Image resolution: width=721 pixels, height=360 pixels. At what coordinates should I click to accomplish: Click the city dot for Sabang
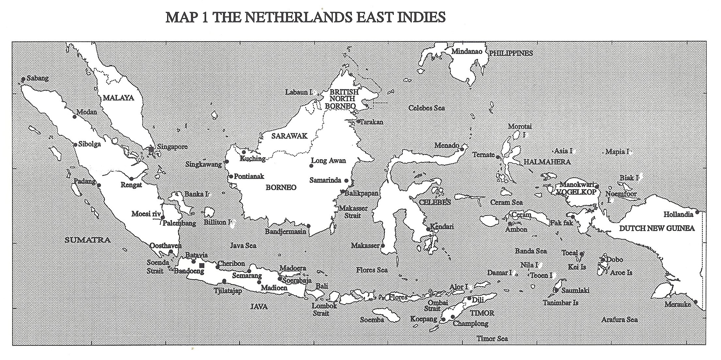23,79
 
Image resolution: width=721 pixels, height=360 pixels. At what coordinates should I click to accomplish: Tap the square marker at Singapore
151,149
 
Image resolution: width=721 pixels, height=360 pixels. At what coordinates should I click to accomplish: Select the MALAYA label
118,98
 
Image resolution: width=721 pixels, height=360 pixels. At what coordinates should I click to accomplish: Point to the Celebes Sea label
427,108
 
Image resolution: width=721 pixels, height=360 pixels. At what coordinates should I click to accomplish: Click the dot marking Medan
75,117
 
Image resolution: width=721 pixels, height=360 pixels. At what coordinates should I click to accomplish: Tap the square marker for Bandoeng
202,265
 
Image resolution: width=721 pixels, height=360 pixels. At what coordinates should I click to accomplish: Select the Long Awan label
328,161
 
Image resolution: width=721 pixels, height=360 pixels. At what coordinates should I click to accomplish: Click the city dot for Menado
462,149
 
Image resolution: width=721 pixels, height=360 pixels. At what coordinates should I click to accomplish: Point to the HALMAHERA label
547,162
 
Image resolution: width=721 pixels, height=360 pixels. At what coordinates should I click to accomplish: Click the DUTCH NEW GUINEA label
657,228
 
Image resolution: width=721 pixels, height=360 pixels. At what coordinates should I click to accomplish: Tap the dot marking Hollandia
697,212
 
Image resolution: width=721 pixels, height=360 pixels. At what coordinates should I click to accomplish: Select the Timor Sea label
492,338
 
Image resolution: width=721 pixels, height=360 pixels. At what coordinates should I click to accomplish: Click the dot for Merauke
696,302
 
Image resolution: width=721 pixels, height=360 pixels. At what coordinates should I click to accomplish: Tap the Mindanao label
467,51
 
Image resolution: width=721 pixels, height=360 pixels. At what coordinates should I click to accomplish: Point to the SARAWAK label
289,136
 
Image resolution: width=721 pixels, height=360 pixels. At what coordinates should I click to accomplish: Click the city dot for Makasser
383,246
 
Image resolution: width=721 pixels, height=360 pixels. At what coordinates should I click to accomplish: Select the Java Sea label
243,246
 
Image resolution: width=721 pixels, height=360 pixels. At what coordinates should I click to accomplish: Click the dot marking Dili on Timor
469,298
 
